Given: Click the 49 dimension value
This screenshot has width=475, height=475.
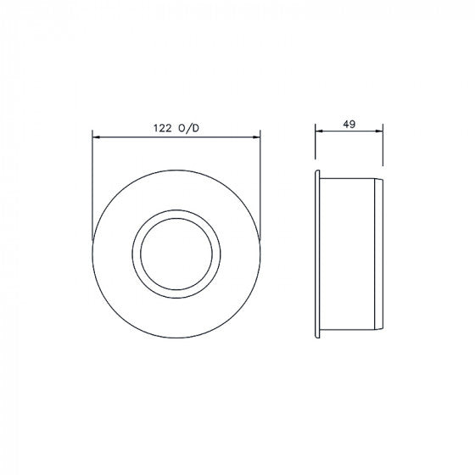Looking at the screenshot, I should point(349,124).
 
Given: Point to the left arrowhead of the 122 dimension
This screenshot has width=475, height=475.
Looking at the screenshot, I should point(95,136).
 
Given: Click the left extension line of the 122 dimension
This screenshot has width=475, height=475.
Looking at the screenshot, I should point(91,187).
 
